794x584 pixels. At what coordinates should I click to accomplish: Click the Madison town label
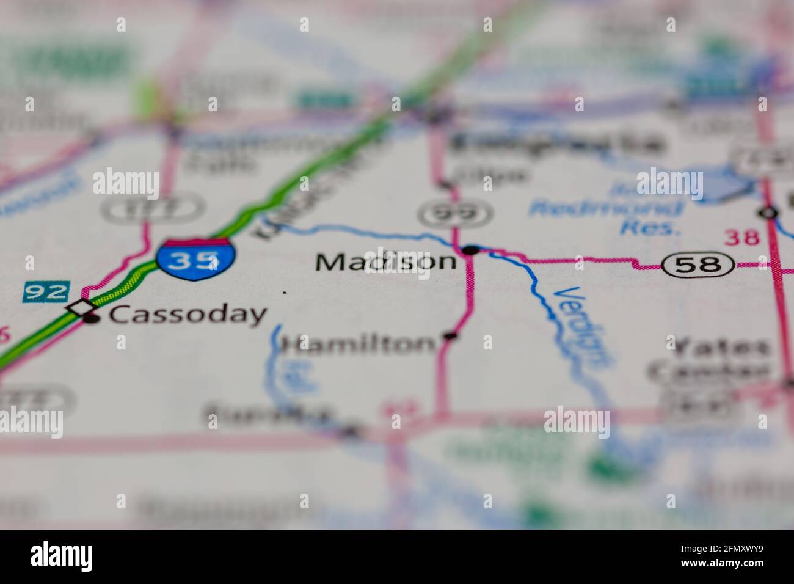coord(386,262)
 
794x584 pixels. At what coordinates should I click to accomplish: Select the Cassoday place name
coord(188,315)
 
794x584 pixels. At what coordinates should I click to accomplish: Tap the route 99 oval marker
coord(455,213)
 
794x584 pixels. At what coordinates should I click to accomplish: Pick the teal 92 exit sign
coord(46,291)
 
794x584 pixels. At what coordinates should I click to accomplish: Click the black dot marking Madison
coord(471,250)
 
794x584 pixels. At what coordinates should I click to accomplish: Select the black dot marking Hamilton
coord(451,335)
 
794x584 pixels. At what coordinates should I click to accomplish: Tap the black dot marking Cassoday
coord(92,318)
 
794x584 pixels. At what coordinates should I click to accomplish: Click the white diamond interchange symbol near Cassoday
coord(81,307)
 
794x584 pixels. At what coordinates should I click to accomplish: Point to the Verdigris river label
coord(581,327)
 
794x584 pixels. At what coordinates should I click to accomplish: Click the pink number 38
coord(742,237)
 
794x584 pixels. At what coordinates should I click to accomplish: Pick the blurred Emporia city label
coord(556,144)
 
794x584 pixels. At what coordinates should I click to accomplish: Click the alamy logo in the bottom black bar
coord(62,556)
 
